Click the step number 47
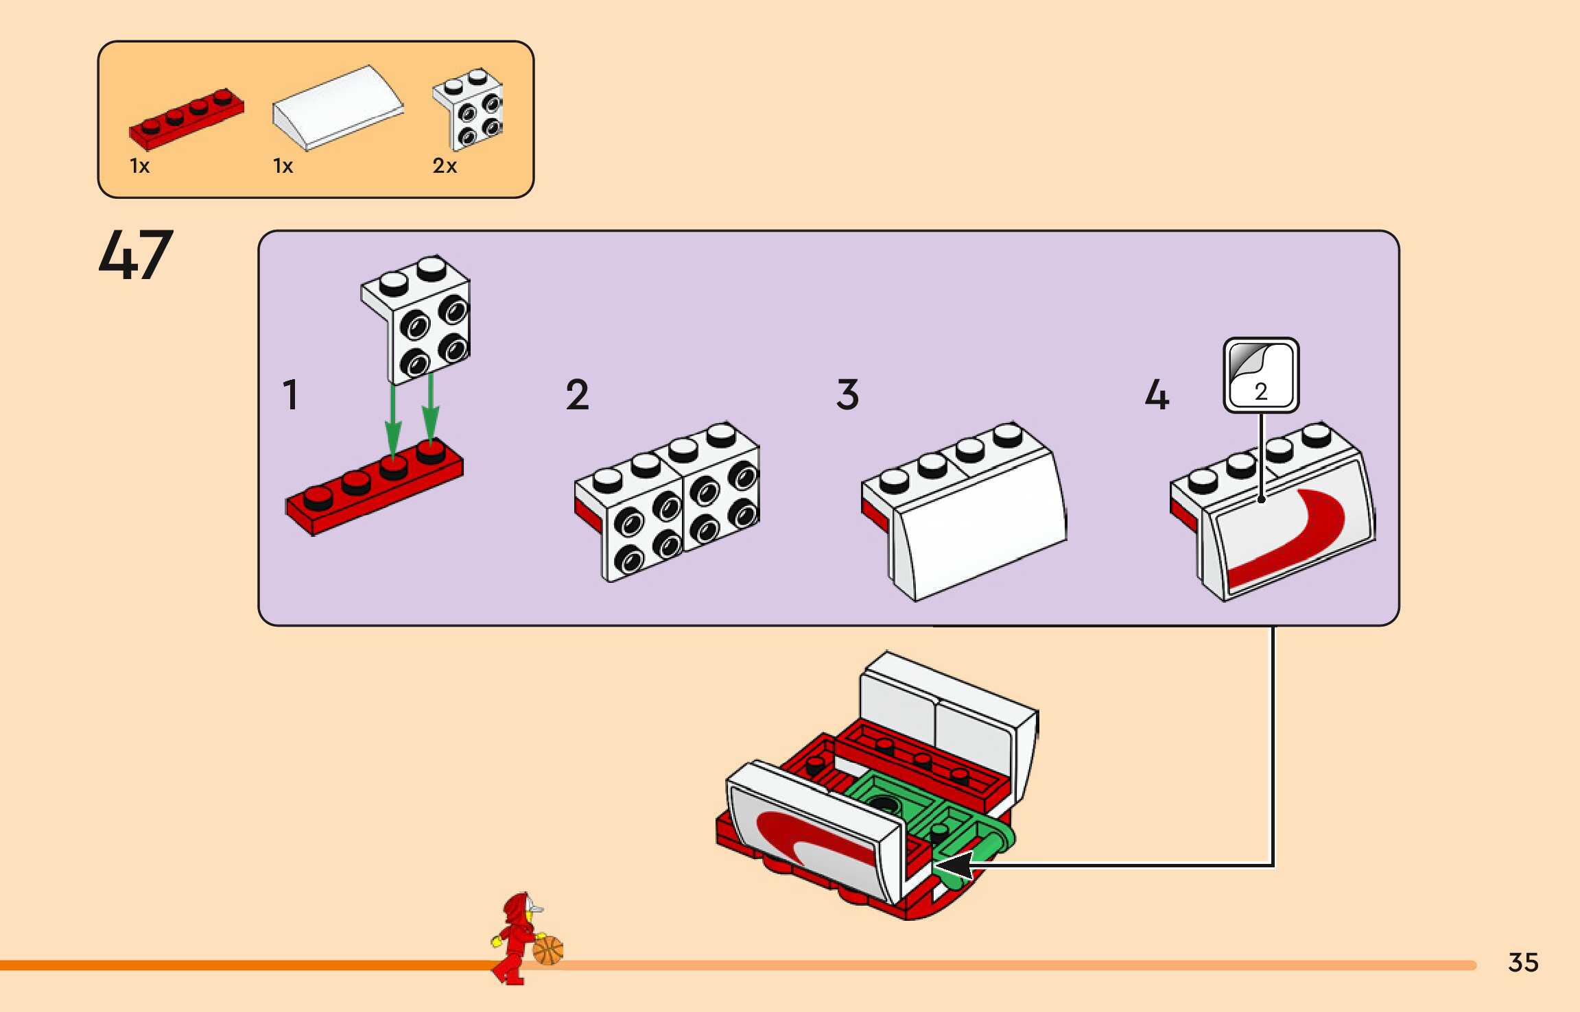click(136, 255)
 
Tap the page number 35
click(1523, 962)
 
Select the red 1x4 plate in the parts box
click(186, 119)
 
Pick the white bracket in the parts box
click(469, 108)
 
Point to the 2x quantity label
click(445, 166)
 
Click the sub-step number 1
click(291, 395)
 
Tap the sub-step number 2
click(577, 395)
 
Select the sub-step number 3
click(847, 395)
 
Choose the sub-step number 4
click(1157, 395)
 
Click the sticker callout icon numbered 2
click(1261, 375)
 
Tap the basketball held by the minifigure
click(547, 951)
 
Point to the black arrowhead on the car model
click(955, 866)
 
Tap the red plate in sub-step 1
click(374, 488)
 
